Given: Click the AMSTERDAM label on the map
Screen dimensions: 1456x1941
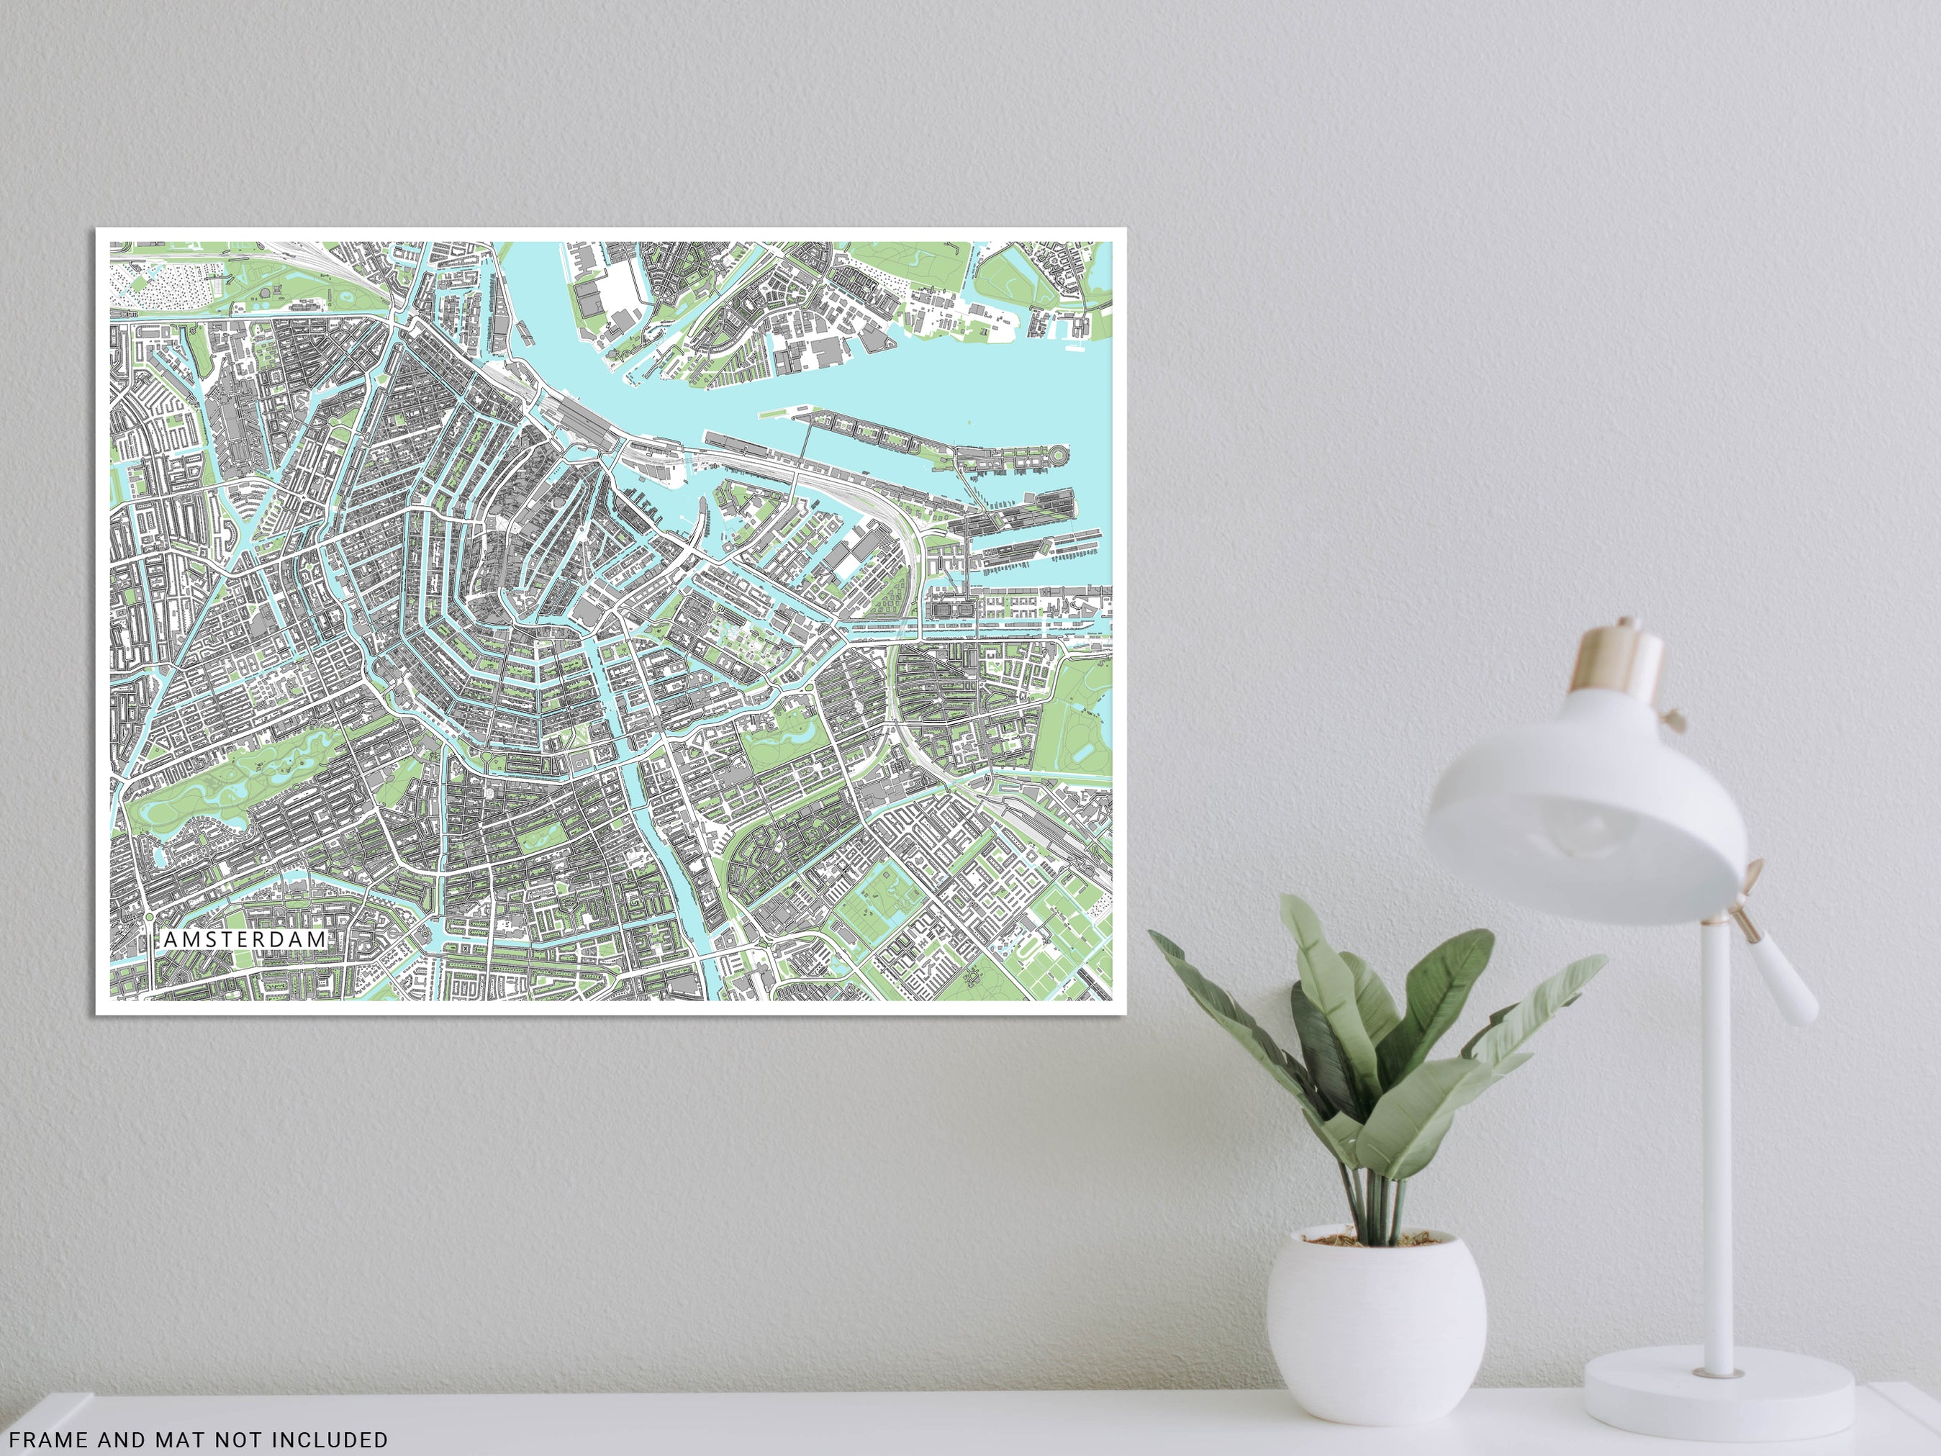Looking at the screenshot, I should point(245,939).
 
